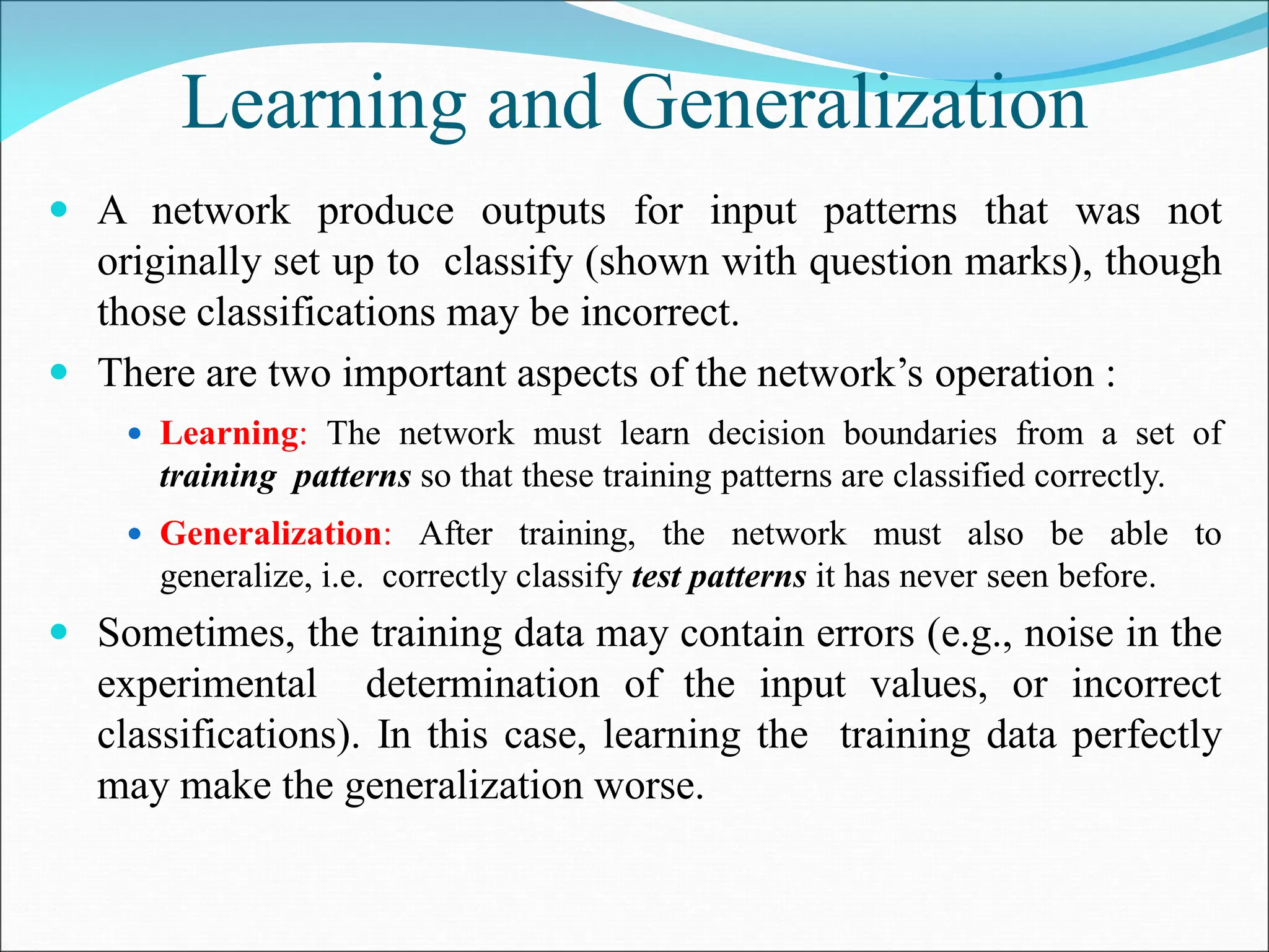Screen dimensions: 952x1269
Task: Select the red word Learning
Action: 230,433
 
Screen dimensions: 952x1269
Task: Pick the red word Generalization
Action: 271,534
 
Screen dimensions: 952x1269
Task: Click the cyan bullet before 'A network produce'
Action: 59,210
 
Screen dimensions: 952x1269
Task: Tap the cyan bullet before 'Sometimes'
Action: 59,633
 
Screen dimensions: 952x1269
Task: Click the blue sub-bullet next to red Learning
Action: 135,433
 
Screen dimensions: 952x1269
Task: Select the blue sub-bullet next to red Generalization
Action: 135,534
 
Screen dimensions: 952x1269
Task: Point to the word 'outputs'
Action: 543,212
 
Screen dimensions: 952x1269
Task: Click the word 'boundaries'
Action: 920,433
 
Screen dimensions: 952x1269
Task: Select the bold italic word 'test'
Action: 656,577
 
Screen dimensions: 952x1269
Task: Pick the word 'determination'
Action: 483,685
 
